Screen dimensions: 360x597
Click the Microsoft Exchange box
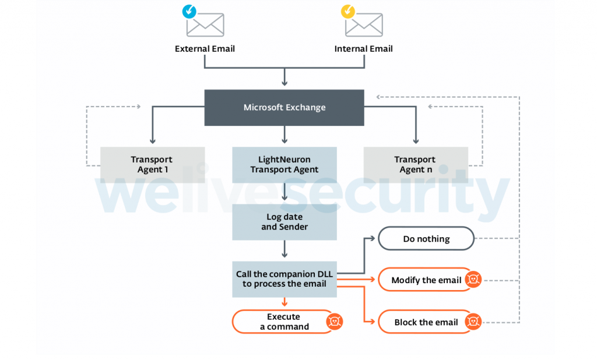[x=284, y=108]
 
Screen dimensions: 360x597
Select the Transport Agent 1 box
[x=152, y=164]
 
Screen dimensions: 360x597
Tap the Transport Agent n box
[x=415, y=164]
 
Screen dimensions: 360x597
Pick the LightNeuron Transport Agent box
[x=285, y=164]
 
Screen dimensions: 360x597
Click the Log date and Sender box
[x=285, y=222]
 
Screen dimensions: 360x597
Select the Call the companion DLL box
[x=285, y=279]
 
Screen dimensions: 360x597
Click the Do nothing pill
[x=426, y=239]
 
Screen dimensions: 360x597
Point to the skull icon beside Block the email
[x=473, y=322]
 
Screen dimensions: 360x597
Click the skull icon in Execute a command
[x=334, y=322]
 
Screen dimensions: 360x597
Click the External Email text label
[x=205, y=49]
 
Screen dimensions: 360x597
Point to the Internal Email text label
[x=363, y=49]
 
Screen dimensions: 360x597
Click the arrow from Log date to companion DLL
[x=285, y=249]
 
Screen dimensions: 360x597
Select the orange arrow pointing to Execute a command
[x=285, y=302]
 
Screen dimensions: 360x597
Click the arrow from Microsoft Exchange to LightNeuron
[x=285, y=135]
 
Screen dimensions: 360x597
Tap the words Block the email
[x=426, y=322]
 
